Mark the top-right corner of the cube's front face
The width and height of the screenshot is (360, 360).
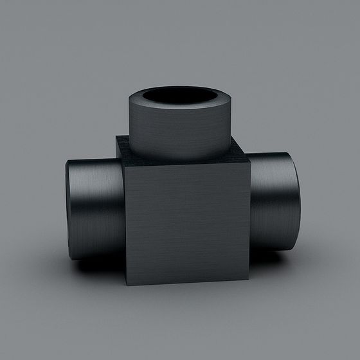point(249,161)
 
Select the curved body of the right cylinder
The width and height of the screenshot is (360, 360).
point(270,206)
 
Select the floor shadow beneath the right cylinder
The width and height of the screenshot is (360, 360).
point(276,260)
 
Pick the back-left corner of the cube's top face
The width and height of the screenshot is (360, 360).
point(118,137)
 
